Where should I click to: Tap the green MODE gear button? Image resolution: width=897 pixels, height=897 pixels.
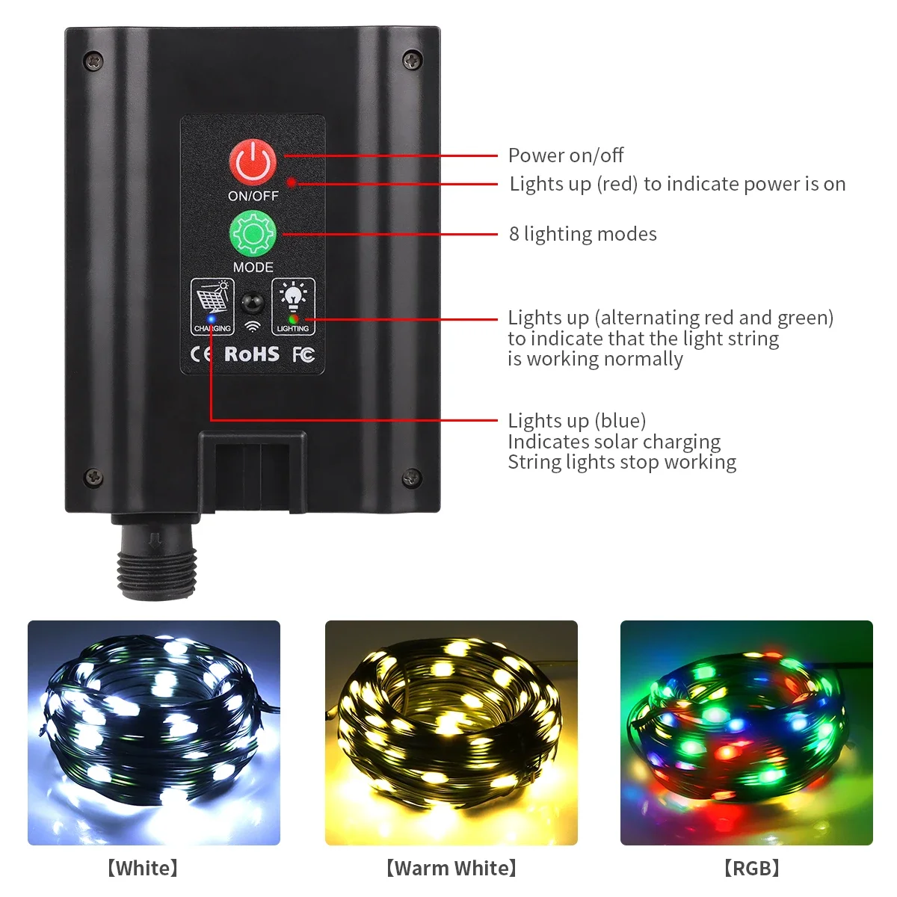[253, 234]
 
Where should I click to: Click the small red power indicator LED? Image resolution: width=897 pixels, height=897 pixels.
[292, 182]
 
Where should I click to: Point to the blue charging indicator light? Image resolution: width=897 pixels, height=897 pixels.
[212, 319]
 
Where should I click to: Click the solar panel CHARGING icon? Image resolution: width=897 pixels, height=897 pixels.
[212, 300]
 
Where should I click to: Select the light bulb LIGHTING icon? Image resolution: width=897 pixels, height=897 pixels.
[293, 299]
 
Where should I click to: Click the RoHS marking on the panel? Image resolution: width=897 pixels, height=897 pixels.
[252, 354]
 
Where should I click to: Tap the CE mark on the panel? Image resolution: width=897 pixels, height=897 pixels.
[201, 354]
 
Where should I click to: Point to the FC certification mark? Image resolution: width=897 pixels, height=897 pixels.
[303, 354]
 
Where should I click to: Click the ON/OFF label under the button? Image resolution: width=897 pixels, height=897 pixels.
[253, 196]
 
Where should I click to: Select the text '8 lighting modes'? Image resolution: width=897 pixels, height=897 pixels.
[582, 234]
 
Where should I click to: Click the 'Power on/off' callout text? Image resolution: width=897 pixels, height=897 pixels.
[565, 155]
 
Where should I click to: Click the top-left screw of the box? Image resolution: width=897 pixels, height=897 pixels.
[93, 61]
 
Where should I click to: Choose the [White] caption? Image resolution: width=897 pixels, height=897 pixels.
[143, 868]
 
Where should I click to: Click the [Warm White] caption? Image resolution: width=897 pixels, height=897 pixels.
[451, 868]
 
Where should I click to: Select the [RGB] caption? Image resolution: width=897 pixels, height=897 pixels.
[751, 868]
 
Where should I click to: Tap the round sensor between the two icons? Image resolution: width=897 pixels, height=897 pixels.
[252, 303]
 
